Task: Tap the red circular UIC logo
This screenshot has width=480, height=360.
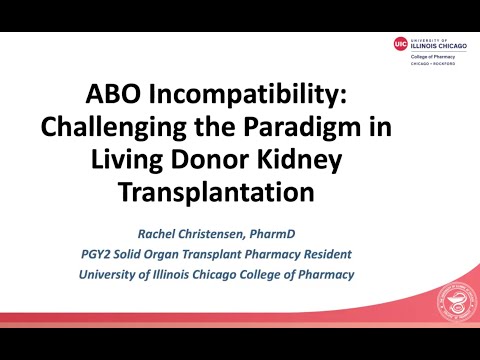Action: [x=401, y=43]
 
